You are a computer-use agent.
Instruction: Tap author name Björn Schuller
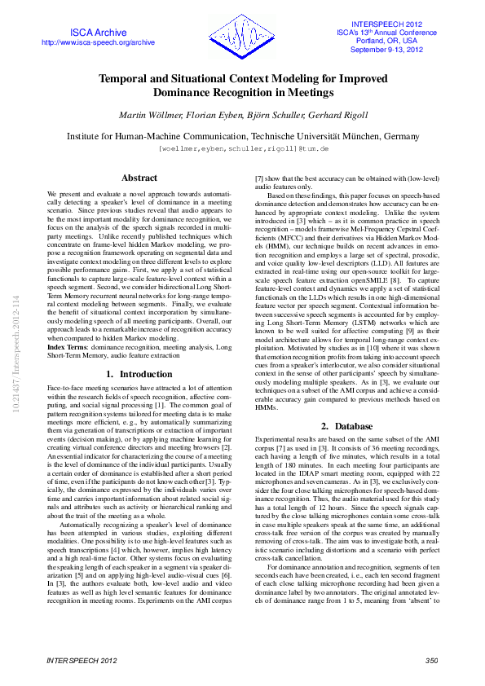coord(245,115)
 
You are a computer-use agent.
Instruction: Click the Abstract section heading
coord(139,178)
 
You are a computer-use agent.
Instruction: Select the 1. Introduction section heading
coord(139,374)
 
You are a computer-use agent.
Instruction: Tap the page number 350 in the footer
coord(431,660)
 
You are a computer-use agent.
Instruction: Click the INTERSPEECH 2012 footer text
coord(82,660)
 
